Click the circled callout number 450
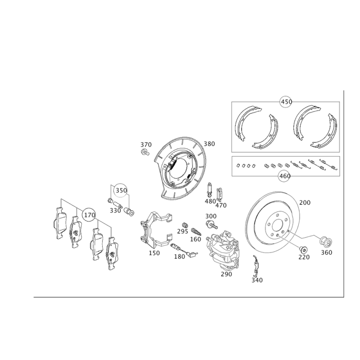click(x=286, y=102)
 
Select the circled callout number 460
click(x=284, y=176)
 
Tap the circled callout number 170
click(x=89, y=215)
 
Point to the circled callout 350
click(x=121, y=190)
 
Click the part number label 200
click(x=305, y=202)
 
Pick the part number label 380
click(x=209, y=144)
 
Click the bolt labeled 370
click(x=145, y=152)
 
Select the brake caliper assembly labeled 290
click(x=223, y=250)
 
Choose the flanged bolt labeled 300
click(x=211, y=224)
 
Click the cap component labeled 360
click(x=326, y=241)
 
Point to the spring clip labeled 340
click(x=255, y=266)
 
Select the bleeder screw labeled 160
click(x=197, y=231)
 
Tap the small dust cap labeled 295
click(x=184, y=225)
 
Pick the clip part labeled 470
click(x=220, y=193)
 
